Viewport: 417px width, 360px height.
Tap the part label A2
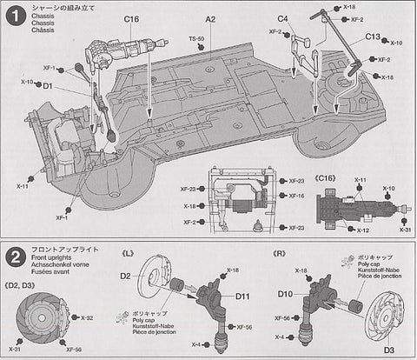click(x=210, y=18)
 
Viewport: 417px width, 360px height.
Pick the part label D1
click(x=47, y=86)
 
